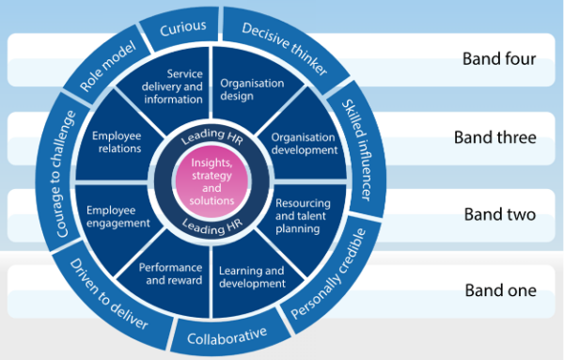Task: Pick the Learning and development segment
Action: click(x=251, y=277)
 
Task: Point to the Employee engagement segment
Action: click(x=118, y=216)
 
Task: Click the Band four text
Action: click(x=498, y=59)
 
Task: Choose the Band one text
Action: click(x=498, y=290)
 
